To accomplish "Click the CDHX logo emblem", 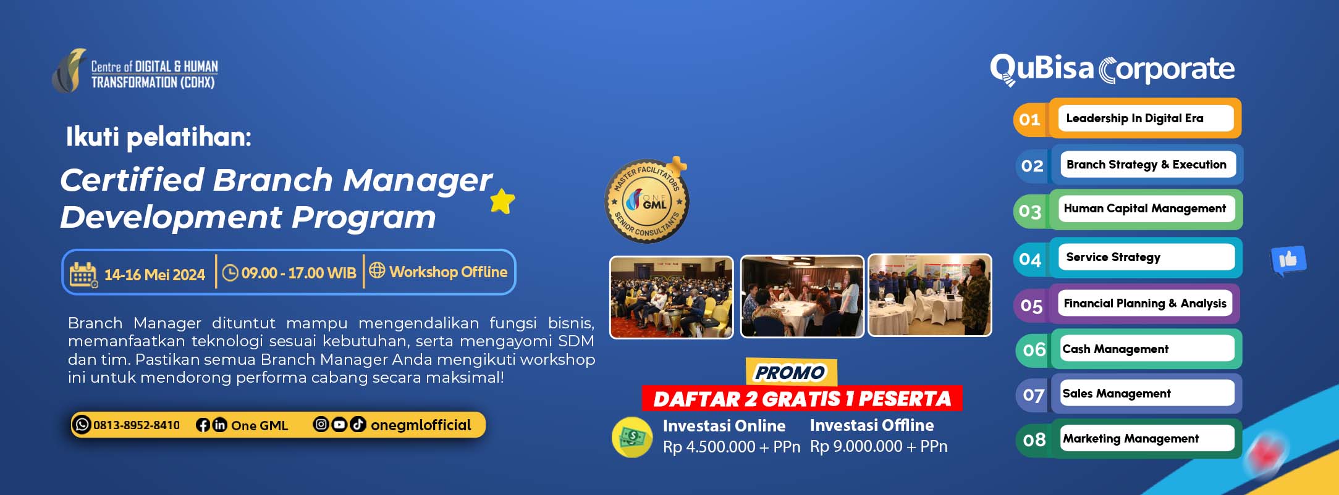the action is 69,71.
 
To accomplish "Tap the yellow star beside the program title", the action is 502,201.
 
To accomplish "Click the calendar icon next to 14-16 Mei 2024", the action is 83,275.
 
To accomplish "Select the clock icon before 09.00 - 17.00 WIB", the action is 230,273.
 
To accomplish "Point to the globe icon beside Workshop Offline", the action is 377,270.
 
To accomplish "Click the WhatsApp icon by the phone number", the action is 82,425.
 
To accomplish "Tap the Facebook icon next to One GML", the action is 203,425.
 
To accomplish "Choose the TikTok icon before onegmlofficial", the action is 358,424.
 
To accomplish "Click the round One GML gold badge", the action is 647,201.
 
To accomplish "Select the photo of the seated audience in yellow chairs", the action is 672,297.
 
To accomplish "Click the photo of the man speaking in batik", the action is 930,296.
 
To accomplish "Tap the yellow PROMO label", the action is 790,372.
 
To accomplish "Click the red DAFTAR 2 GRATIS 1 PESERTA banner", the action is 802,399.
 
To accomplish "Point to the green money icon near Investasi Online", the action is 631,438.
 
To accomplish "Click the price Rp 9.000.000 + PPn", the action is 879,446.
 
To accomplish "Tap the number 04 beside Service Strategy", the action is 1030,259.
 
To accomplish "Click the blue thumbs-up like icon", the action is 1288,260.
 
